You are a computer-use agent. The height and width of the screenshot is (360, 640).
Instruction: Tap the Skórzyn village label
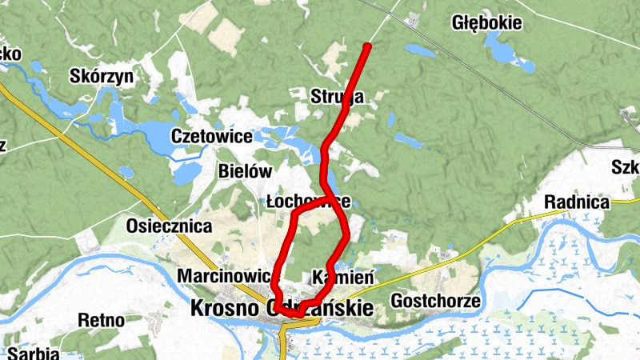click(x=102, y=75)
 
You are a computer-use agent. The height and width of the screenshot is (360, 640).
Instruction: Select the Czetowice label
click(x=211, y=137)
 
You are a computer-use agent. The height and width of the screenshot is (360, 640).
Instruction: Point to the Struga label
click(x=337, y=98)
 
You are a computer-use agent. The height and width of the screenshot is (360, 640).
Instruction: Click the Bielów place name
click(x=245, y=171)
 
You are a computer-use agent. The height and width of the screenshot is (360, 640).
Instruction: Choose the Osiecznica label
click(x=169, y=226)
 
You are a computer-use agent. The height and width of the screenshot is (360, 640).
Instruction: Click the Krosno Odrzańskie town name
click(x=282, y=307)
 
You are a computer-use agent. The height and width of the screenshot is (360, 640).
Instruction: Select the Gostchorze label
click(x=435, y=302)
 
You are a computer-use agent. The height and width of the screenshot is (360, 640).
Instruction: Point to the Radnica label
click(x=576, y=202)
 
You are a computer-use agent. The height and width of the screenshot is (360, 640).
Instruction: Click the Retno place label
click(x=101, y=321)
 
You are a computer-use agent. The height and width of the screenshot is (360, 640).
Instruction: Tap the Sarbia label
click(x=30, y=352)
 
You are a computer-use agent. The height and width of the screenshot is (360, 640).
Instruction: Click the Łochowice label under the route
click(x=308, y=201)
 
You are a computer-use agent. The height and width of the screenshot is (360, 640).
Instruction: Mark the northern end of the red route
click(x=367, y=46)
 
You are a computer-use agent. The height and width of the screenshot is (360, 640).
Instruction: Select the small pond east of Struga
click(x=408, y=141)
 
